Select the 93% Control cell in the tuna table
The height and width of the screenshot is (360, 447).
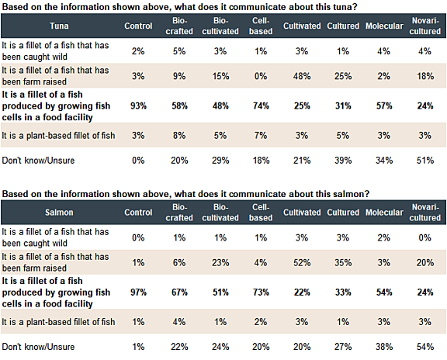(x=138, y=105)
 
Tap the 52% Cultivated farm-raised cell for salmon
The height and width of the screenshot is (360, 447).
(x=296, y=263)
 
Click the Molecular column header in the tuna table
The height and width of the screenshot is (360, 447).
(x=385, y=26)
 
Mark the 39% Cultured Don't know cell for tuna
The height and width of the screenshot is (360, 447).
(x=342, y=161)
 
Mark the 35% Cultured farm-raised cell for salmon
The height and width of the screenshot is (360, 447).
(x=342, y=263)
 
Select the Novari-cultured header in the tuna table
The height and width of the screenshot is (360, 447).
(x=422, y=26)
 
